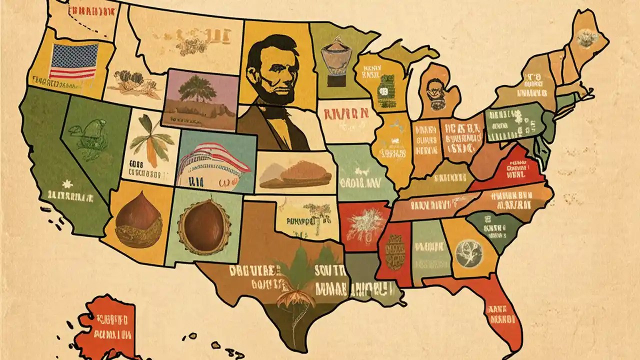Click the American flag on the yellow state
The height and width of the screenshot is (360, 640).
(x=75, y=61)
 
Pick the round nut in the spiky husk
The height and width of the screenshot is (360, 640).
(x=204, y=224)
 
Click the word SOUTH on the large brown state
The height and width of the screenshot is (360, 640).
(x=330, y=270)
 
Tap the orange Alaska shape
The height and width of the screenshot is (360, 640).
(x=107, y=325)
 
